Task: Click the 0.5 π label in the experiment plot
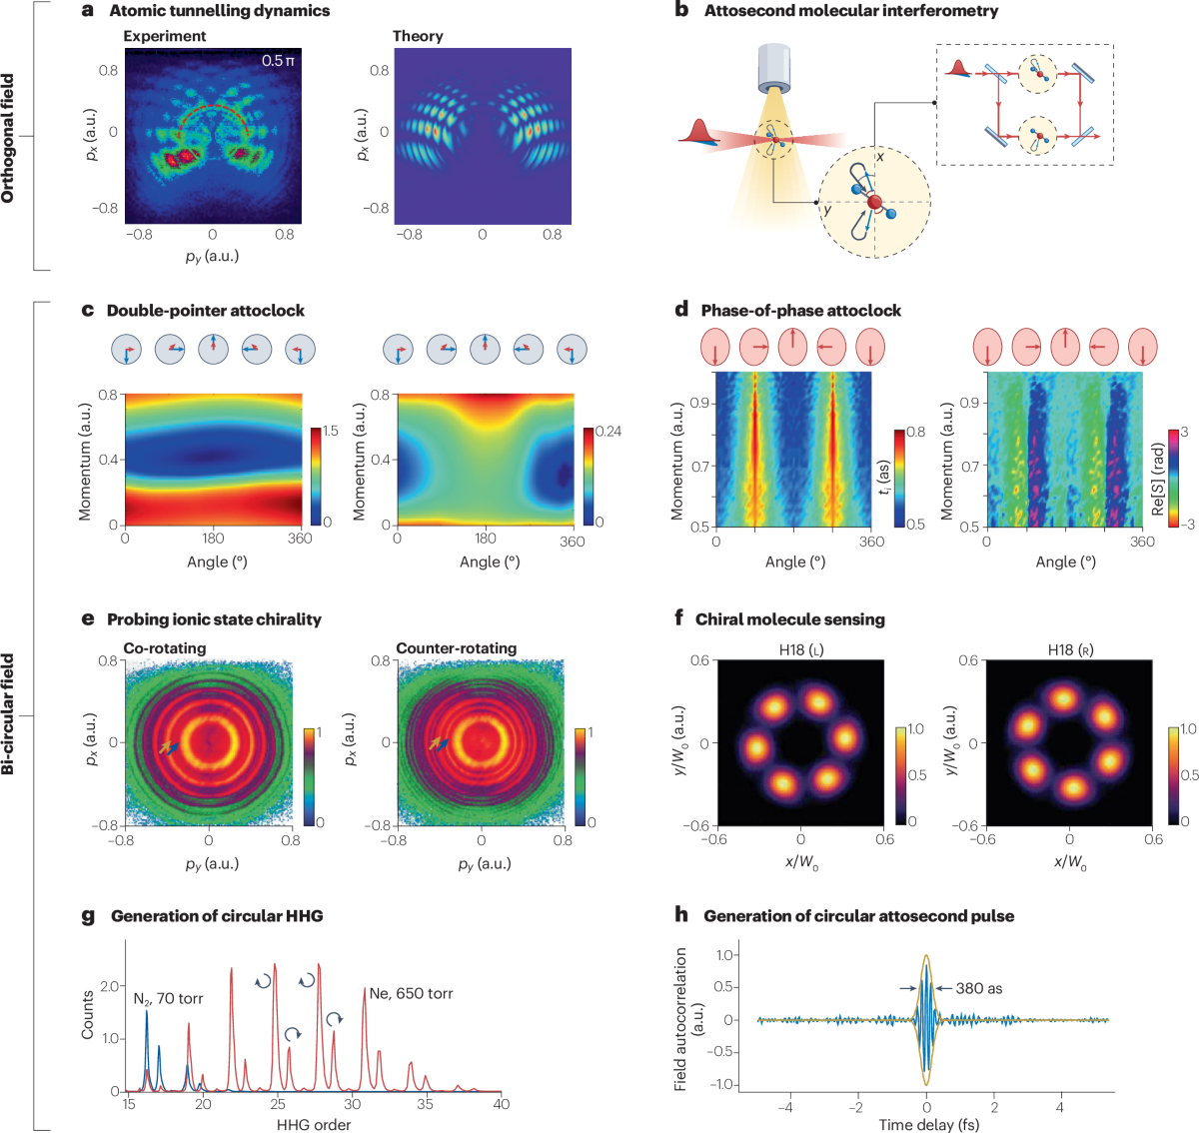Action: [278, 61]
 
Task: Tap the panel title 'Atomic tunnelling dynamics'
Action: [219, 11]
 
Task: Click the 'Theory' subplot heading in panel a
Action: [418, 36]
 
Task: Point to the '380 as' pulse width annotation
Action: [979, 988]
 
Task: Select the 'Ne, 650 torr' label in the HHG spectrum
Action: [411, 993]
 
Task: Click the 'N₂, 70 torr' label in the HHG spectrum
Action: [168, 998]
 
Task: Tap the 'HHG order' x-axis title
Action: [314, 1124]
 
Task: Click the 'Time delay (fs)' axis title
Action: [928, 1124]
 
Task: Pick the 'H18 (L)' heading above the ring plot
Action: [801, 649]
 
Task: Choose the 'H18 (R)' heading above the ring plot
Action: [1070, 649]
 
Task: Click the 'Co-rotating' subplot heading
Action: [165, 648]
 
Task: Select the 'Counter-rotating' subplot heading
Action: [457, 648]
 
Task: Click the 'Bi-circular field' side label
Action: [9, 713]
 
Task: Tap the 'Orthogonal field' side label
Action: [9, 138]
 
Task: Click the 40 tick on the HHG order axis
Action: [501, 1104]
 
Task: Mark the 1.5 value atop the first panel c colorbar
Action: [330, 432]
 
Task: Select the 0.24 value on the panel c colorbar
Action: [607, 432]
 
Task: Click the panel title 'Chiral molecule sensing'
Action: [789, 619]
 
